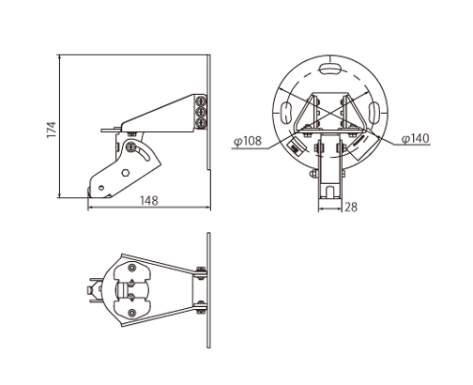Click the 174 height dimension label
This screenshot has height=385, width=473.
point(52,130)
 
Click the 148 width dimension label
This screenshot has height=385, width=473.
point(149,201)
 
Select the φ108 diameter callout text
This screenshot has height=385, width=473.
point(248,141)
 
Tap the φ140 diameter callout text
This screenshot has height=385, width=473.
point(416,138)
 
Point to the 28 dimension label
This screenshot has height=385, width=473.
point(351,207)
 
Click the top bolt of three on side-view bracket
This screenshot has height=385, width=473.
point(201,101)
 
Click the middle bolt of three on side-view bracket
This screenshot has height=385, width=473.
point(201,112)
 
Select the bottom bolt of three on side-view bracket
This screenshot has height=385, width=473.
point(201,121)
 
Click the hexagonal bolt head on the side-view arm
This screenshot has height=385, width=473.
point(126,173)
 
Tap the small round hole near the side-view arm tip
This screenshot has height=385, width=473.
point(100,188)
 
